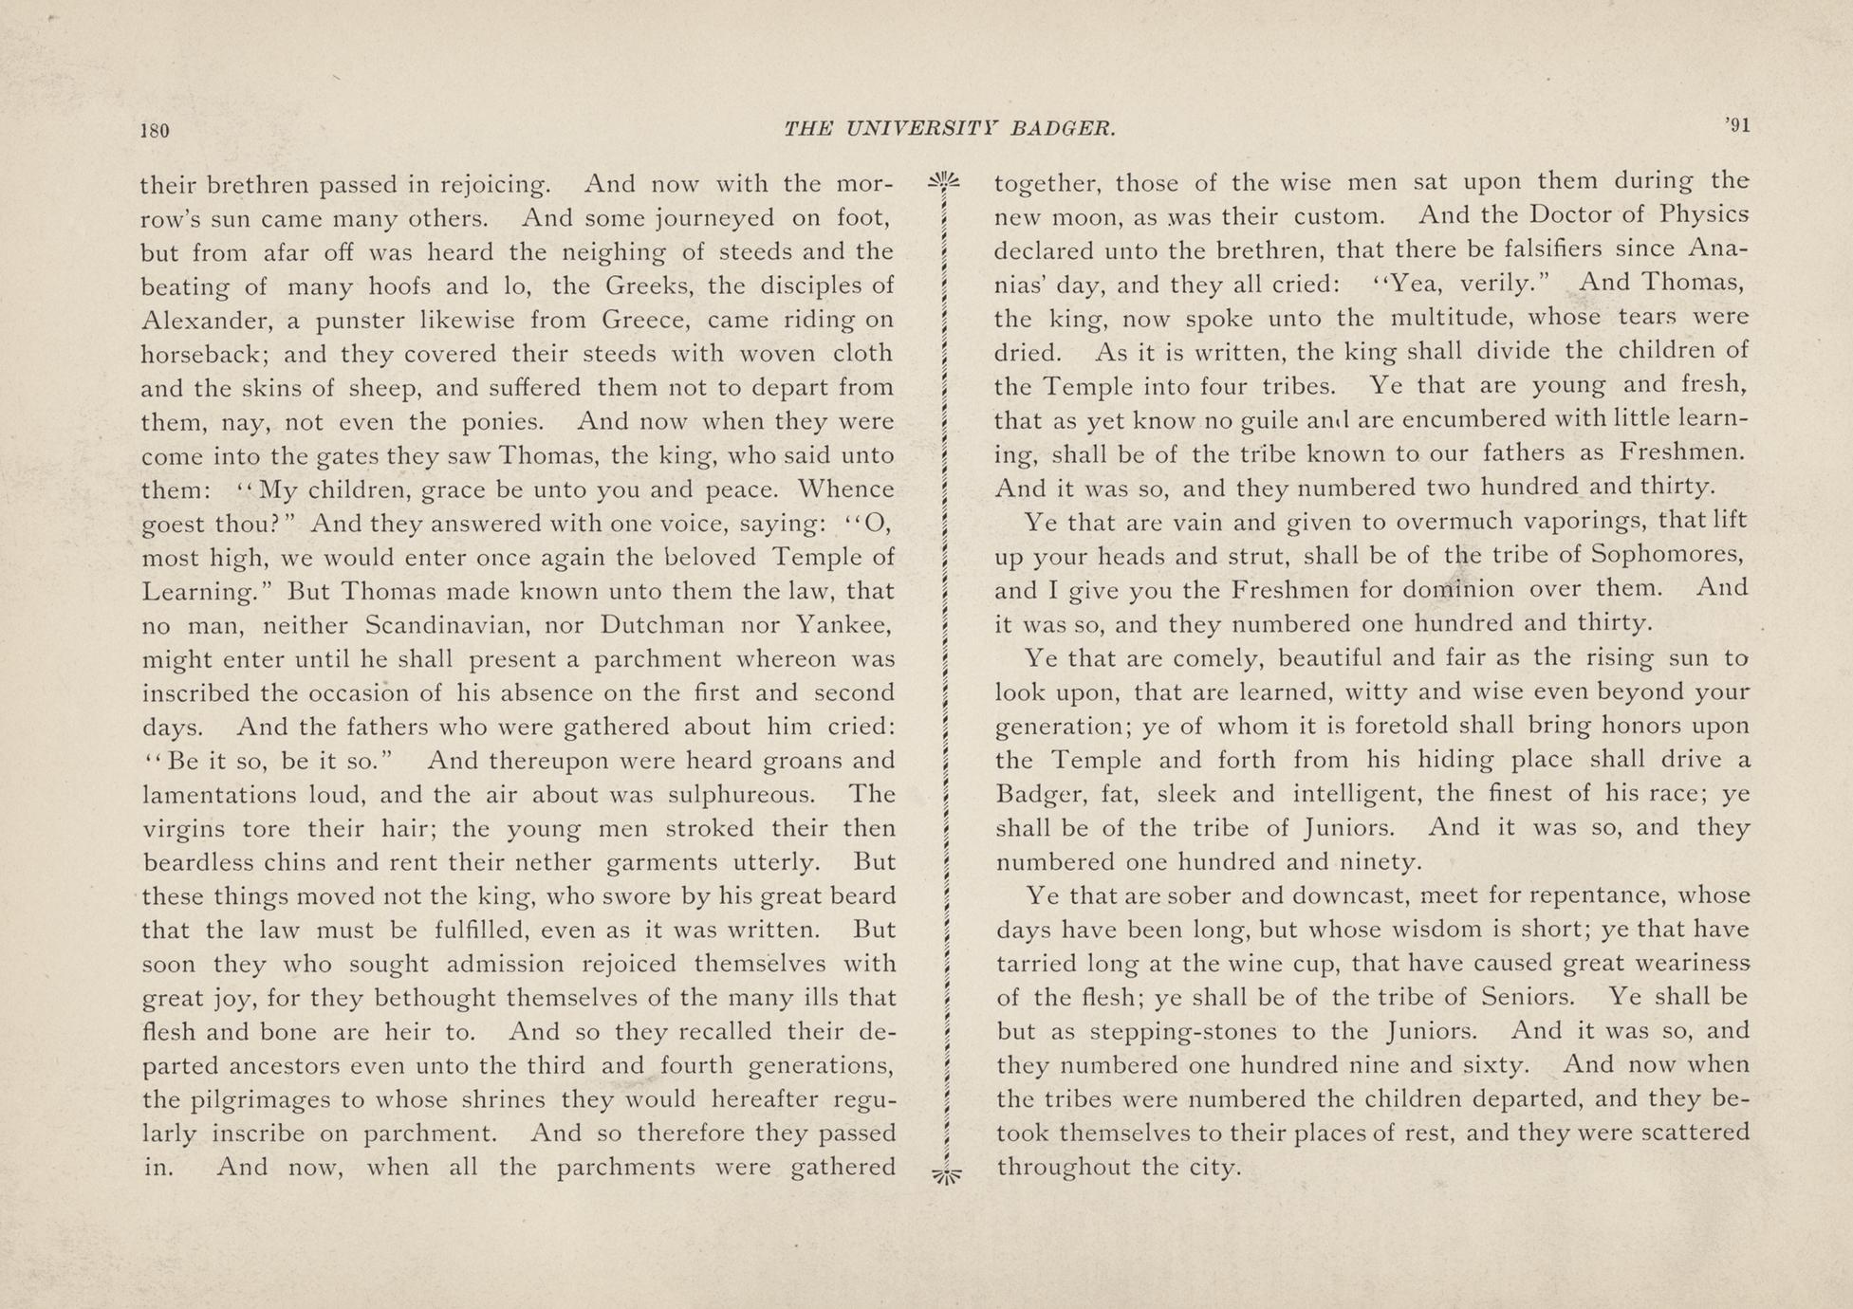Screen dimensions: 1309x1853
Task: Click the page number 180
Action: (x=155, y=130)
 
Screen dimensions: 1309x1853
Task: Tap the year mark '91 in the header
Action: (x=1736, y=126)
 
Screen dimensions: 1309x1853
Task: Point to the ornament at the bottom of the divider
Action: (x=946, y=1173)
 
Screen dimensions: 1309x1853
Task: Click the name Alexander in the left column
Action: (x=201, y=320)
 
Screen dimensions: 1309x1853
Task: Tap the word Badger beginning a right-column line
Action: (x=1037, y=794)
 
